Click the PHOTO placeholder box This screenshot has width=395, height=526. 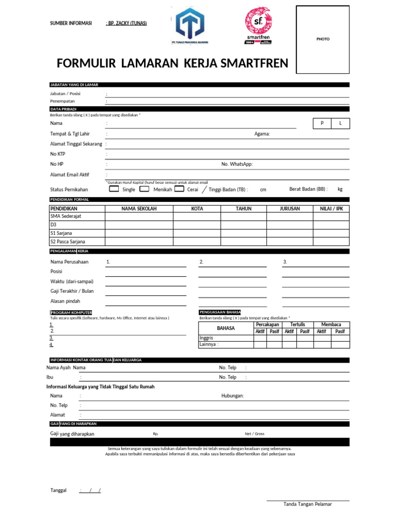tap(323, 40)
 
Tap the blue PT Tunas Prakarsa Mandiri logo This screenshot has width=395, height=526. tap(189, 27)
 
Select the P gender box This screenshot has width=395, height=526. tap(322, 124)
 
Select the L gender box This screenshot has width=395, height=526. tap(340, 124)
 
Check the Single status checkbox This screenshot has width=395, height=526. tap(114, 189)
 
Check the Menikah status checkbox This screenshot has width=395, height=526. tap(145, 189)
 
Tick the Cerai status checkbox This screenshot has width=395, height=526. tap(179, 189)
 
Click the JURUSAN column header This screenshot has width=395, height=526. tap(290, 209)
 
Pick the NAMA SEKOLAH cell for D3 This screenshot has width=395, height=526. tap(139, 225)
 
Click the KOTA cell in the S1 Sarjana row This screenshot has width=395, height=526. tap(196, 233)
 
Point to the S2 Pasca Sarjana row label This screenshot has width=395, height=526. tap(67, 241)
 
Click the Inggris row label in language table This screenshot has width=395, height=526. tap(206, 338)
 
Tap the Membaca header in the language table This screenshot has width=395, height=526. tap(331, 325)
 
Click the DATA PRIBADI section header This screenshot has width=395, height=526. tap(63, 109)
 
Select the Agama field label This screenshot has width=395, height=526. tap(262, 134)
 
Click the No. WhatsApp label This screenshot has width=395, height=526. tap(237, 164)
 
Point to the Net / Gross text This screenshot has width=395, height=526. tap(254, 434)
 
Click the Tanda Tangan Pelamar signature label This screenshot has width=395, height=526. tap(308, 504)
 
